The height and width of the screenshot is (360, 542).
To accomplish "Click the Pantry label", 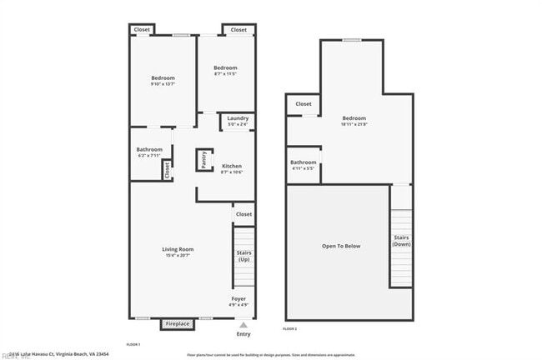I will coord(203,159).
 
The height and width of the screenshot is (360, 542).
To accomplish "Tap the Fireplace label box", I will coord(177,323).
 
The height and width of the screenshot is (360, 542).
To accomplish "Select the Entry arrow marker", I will coord(243,325).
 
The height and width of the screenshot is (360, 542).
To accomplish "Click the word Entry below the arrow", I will coord(243,334).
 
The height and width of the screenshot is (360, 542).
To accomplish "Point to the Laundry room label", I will coord(238,118).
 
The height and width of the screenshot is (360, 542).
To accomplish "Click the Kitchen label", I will coord(232,166).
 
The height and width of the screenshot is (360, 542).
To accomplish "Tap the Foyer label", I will coord(238,298).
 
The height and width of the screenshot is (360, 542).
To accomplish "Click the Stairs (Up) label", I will coord(243,255).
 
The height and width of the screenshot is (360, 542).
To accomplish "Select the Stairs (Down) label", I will coord(401,240).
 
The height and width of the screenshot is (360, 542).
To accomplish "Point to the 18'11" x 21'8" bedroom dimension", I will coord(354,125).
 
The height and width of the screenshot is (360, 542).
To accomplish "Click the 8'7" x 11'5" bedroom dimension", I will coord(225,74).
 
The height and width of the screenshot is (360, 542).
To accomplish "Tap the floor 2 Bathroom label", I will coord(303,162).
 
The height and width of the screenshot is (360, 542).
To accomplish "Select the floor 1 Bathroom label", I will coord(149,149).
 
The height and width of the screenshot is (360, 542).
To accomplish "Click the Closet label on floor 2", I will coord(304,104).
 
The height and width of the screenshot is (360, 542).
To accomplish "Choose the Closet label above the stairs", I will coord(243,214).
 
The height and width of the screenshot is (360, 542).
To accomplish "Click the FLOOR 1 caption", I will coord(133,344).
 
